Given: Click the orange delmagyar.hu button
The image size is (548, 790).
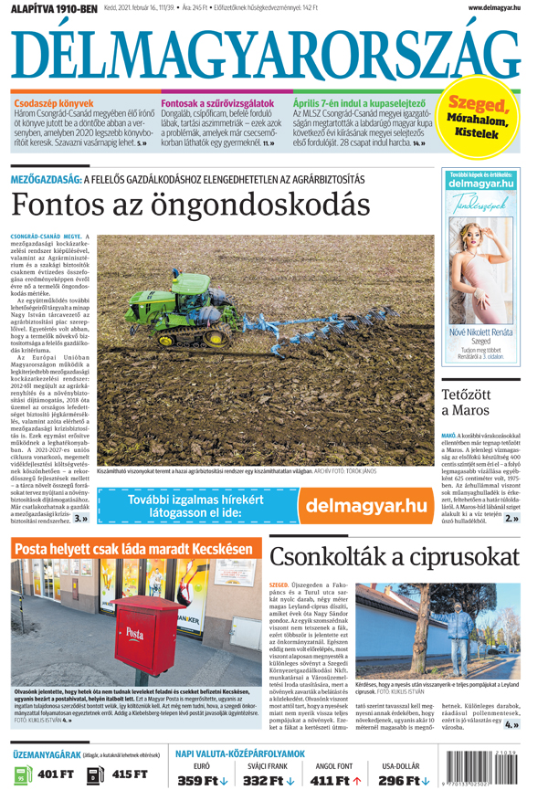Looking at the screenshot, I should tap(364, 505).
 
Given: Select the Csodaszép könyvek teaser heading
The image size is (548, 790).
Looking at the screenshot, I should tap(46, 104).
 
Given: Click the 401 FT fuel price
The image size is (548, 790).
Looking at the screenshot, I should tap(54, 774).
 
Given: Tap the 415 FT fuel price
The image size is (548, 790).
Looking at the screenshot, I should tap(127, 774).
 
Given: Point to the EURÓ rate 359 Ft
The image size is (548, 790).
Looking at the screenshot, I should tap(202, 780).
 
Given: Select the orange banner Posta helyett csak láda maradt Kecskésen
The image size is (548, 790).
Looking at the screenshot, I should tap(133, 550).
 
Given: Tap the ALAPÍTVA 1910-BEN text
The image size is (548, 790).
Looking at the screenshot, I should tap(51, 7).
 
